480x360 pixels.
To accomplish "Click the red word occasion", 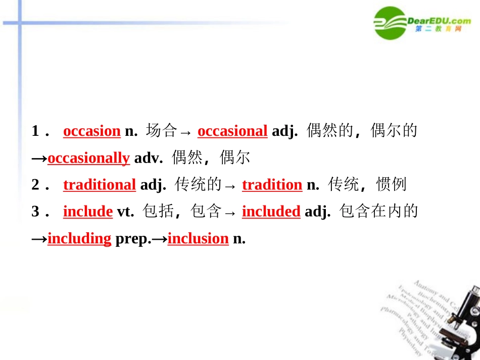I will pos(91,131).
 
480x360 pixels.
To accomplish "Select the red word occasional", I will pos(232,131).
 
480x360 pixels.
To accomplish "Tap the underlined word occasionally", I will pos(88,158).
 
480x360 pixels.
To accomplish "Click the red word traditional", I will pos(99,185).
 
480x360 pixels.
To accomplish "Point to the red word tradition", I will pos(272,185).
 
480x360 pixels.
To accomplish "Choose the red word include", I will pos(87,212).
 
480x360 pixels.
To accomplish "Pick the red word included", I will pos(271,212).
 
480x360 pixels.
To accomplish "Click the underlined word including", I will pos(79,238).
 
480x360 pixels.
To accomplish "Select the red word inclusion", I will pos(198,238).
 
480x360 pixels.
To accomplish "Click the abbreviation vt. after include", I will pos(124,212).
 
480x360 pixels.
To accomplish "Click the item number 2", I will pos(35,185).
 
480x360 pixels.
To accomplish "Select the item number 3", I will pos(35,212).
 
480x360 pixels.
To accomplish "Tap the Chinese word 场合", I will pos(161,131).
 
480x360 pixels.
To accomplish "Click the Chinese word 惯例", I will pos(391,185).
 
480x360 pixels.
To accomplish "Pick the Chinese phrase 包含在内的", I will pos(379,212).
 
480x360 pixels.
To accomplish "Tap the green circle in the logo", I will pos(390,23).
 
